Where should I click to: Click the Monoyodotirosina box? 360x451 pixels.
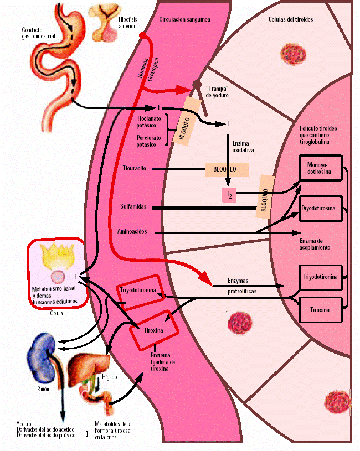click(321, 168)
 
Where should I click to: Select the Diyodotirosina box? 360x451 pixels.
click(321, 209)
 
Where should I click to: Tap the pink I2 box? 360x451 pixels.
click(228, 195)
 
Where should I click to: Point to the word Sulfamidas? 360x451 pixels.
click(133, 206)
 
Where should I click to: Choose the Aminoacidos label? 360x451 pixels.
click(132, 231)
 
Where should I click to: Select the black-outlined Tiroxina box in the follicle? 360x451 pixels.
click(320, 310)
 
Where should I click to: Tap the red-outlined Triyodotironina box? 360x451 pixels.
click(138, 290)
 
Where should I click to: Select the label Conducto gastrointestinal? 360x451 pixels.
click(39, 33)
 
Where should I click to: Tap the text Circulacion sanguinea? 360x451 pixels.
click(184, 19)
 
